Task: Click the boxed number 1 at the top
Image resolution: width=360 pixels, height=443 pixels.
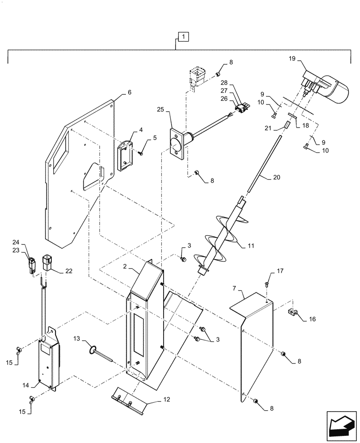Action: click(x=183, y=36)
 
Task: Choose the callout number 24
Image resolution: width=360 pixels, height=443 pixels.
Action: click(x=28, y=242)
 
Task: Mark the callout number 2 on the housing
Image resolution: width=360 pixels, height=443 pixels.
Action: click(x=125, y=267)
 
